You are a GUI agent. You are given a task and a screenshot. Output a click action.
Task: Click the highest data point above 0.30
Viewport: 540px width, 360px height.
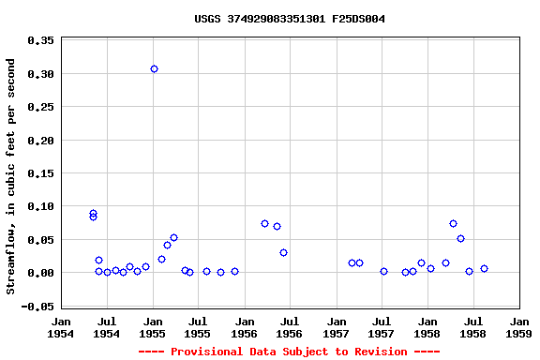154,68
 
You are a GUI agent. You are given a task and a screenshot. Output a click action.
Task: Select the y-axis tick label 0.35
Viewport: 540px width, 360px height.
40,41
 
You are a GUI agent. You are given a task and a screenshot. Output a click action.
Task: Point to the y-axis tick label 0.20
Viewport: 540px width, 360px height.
40,141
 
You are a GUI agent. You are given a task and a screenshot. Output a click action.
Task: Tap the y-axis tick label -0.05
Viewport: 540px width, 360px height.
37,307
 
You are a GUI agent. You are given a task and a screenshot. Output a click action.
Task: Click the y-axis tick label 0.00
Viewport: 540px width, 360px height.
40,273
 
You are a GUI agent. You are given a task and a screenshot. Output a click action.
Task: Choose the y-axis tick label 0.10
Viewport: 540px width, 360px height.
40,206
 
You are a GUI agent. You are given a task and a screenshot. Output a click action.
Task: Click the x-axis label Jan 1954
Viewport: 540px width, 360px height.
61,327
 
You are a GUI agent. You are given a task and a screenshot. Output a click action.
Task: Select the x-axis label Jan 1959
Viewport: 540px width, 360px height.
518,327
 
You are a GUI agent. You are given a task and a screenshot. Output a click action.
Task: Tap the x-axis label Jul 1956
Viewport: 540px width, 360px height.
290,327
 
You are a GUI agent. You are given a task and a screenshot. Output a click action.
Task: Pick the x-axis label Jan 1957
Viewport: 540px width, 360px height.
336,327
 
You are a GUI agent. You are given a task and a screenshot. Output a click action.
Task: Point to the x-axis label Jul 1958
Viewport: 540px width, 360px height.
472,327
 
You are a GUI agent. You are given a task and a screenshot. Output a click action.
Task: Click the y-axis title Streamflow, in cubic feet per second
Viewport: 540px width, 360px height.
11,176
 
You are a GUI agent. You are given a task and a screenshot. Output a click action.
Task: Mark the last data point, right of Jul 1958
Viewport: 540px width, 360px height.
484,268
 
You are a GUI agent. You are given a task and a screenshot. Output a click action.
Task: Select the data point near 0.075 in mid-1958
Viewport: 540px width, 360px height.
453,223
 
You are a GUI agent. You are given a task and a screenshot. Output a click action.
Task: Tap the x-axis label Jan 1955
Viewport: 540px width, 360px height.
153,327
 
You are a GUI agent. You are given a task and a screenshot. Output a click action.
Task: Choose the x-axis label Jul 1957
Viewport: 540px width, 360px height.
382,327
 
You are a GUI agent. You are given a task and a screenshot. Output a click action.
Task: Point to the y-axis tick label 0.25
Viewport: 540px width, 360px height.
40,107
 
